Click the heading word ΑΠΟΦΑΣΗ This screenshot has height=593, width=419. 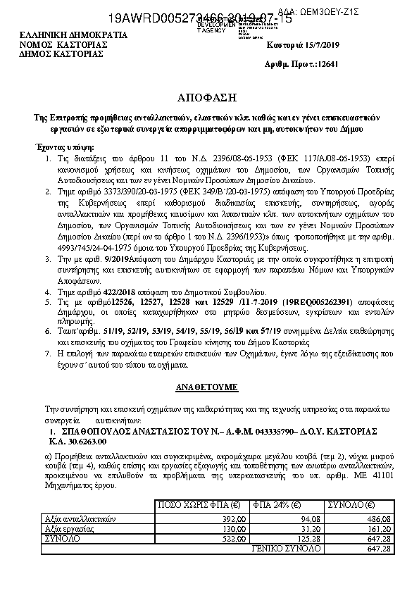pos(209,96)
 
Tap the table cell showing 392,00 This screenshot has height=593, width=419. pos(234,518)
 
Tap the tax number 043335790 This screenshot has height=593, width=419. pos(252,430)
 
